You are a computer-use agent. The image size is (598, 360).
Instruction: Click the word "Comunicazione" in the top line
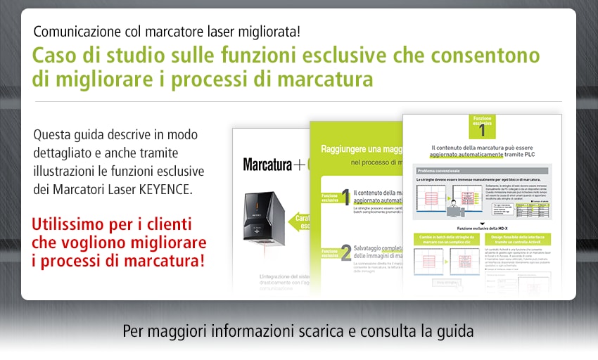(x=75, y=31)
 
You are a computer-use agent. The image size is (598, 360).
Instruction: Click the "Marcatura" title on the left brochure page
(x=265, y=165)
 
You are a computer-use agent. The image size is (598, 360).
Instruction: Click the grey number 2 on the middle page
(x=346, y=251)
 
